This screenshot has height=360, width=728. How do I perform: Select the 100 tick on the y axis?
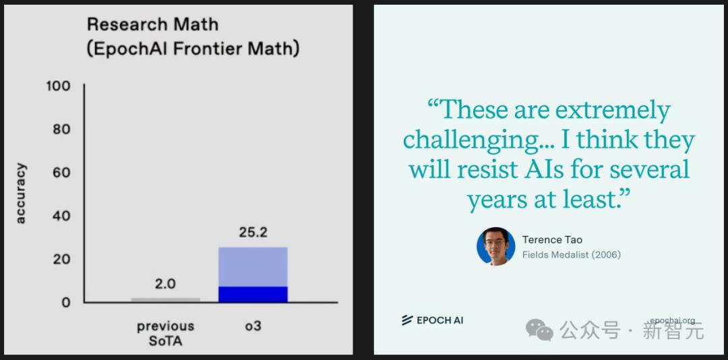[58, 86]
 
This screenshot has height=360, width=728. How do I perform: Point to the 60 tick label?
[61, 173]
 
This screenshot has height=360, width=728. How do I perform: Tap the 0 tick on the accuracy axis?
[66, 303]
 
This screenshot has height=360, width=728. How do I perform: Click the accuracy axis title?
[21, 193]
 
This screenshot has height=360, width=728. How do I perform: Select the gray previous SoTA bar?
[165, 300]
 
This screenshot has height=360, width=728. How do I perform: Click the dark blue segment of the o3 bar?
[253, 295]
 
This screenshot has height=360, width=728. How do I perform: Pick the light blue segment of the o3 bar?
[253, 267]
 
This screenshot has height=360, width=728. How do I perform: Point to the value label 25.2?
[253, 233]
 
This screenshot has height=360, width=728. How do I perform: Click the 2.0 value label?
[165, 284]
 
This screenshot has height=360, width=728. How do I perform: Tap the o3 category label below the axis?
[253, 326]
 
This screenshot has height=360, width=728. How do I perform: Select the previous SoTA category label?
[165, 334]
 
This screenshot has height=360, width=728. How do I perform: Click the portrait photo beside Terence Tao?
[496, 246]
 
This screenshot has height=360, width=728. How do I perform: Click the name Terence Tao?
[552, 240]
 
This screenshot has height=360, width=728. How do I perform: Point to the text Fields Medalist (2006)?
[572, 255]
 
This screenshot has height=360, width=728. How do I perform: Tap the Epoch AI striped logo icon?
[407, 320]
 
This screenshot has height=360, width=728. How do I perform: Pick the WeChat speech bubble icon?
[539, 330]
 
